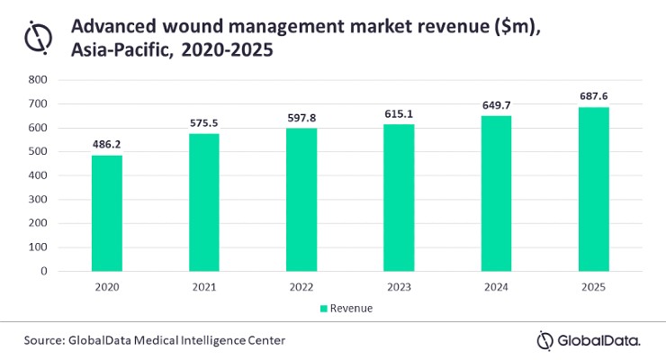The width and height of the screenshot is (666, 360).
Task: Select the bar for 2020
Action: pyautogui.click(x=107, y=213)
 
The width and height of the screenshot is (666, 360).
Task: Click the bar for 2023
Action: pyautogui.click(x=399, y=198)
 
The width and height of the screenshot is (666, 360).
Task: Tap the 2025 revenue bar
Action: pyautogui.click(x=594, y=189)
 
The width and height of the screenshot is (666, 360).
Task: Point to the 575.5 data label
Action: pyautogui.click(x=204, y=123)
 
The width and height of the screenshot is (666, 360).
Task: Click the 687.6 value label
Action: pyautogui.click(x=594, y=96)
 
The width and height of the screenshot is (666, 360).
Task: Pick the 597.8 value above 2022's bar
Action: pyautogui.click(x=301, y=118)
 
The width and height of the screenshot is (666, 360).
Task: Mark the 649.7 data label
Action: pyautogui.click(x=496, y=105)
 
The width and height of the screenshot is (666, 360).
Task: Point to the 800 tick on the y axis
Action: pyautogui.click(x=38, y=80)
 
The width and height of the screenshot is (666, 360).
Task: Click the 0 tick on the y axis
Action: pyautogui.click(x=44, y=271)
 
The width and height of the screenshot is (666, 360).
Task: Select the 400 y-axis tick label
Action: pyautogui.click(x=38, y=175)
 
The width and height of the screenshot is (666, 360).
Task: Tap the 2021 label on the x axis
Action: pyautogui.click(x=204, y=287)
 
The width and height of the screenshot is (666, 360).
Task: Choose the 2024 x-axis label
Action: pyautogui.click(x=496, y=287)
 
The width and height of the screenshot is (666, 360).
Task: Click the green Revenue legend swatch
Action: pyautogui.click(x=324, y=309)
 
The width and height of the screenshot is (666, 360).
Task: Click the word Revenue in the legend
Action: pyautogui.click(x=351, y=308)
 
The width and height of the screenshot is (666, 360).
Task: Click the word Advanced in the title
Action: pyautogui.click(x=113, y=26)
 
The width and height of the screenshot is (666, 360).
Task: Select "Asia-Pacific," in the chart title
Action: pyautogui.click(x=122, y=50)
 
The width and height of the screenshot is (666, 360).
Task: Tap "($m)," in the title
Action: pyautogui.click(x=517, y=27)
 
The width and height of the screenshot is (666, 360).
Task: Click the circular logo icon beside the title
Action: pyautogui.click(x=38, y=38)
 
